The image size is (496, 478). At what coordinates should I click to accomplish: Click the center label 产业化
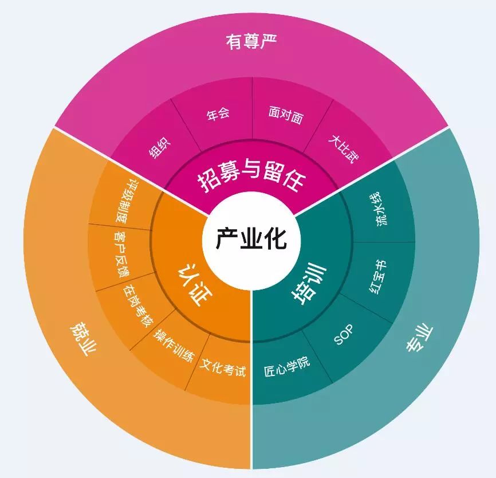click(251, 238)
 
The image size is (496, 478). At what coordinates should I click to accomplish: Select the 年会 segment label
click(218, 113)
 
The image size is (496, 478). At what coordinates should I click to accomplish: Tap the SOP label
click(344, 335)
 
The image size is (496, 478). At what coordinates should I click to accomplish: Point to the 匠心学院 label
click(287, 366)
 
